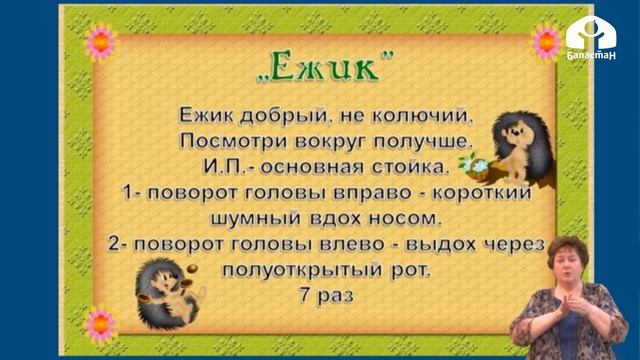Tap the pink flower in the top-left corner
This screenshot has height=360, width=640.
pyautogui.click(x=100, y=41)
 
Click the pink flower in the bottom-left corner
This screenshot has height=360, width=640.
pyautogui.click(x=99, y=323)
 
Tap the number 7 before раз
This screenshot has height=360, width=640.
pyautogui.click(x=302, y=297)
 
